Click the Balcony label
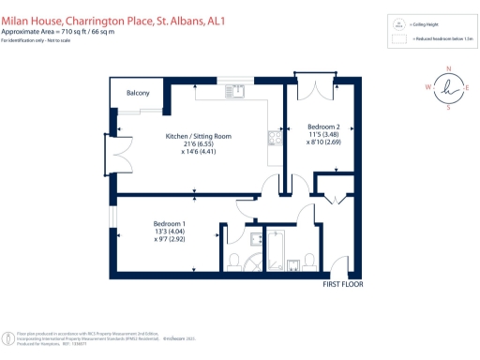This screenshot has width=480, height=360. click(138, 94)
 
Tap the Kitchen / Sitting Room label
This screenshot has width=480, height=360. click(197, 137)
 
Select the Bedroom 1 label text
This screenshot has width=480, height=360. click(170, 222)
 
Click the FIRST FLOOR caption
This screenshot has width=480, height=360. click(342, 284)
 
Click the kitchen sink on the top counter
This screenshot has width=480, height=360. click(239, 92)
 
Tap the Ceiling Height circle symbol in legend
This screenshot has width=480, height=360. click(398, 25)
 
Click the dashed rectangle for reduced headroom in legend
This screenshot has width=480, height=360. click(398, 40)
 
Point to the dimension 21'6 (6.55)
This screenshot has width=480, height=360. click(197, 145)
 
